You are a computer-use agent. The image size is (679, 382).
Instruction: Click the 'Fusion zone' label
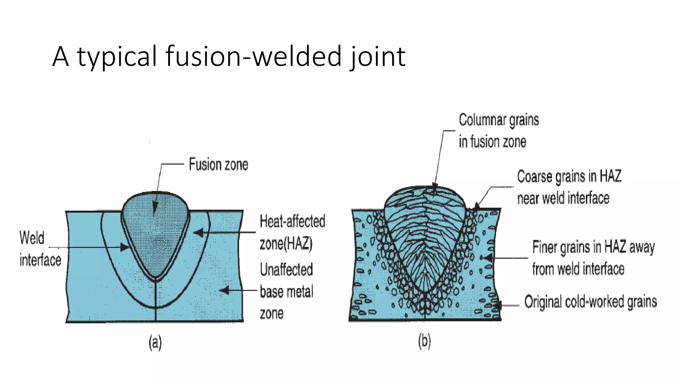(x=218, y=164)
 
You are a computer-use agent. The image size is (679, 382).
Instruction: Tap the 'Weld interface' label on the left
(x=40, y=249)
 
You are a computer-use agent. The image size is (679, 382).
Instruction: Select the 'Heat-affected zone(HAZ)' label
(x=292, y=232)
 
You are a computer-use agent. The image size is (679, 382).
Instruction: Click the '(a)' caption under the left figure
(x=155, y=342)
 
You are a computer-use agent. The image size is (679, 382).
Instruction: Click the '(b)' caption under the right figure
(x=424, y=342)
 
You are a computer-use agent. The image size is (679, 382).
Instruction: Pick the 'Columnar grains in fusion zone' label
(x=498, y=130)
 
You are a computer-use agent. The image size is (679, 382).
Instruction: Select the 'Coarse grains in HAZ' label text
(x=569, y=176)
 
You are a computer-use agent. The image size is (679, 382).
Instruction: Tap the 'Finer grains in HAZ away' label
(x=593, y=247)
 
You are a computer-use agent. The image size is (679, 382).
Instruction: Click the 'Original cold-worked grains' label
(x=590, y=302)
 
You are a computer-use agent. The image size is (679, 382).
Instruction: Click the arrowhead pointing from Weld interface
(x=125, y=247)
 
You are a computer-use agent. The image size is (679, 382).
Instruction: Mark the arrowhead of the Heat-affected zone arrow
(x=198, y=232)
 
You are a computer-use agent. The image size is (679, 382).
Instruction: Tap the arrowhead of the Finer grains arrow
(x=488, y=258)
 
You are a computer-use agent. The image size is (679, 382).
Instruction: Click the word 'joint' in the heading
(x=378, y=57)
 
